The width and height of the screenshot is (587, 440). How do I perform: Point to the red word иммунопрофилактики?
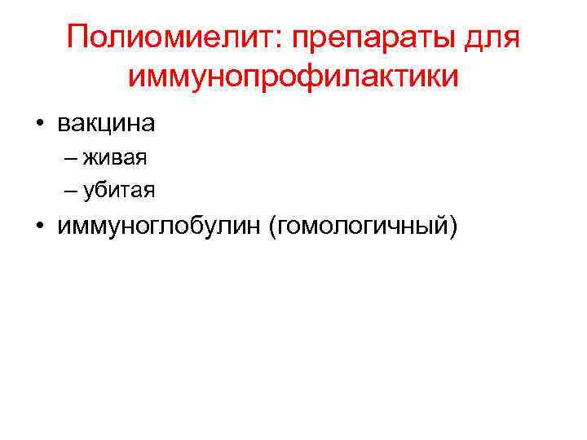pos(293,77)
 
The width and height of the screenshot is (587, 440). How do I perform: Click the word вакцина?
pos(106,125)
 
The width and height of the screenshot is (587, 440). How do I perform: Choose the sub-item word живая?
pos(114,158)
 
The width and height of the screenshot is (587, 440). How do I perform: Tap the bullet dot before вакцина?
pos(39,125)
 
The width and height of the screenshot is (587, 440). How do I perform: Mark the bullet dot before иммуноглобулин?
pos(39,225)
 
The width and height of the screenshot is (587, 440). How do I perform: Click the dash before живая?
pos(70,158)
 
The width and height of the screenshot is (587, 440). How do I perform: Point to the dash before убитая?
pos(70,190)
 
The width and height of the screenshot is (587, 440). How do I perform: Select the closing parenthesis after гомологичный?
pos(452,225)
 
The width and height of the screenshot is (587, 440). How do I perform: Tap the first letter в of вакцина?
pos(63,125)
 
